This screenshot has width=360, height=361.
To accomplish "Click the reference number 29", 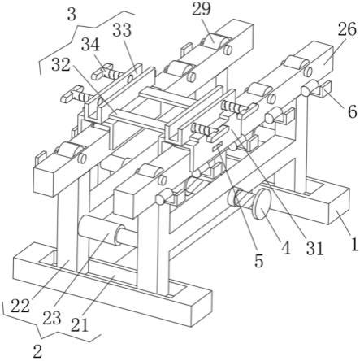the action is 201,9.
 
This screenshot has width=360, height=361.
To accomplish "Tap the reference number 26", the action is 347,29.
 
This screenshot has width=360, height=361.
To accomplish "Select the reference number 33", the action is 122,30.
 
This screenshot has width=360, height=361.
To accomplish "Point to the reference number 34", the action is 90,45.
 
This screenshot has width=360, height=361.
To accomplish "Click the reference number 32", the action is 60,65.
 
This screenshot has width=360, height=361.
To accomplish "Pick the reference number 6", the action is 352,111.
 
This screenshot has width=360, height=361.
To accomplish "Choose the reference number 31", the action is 314,249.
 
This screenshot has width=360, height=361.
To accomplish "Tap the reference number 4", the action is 286,248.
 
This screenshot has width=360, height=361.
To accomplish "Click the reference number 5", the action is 259,261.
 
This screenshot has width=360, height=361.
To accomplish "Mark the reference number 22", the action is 20,307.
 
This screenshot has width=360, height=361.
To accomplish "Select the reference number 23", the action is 51,318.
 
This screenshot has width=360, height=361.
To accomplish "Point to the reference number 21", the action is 80,325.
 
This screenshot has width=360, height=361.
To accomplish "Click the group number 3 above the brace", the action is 72,15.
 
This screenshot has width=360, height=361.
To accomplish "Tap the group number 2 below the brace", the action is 37,351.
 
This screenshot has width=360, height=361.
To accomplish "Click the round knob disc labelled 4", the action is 262,203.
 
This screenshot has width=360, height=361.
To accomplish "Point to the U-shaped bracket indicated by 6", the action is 323,89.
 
